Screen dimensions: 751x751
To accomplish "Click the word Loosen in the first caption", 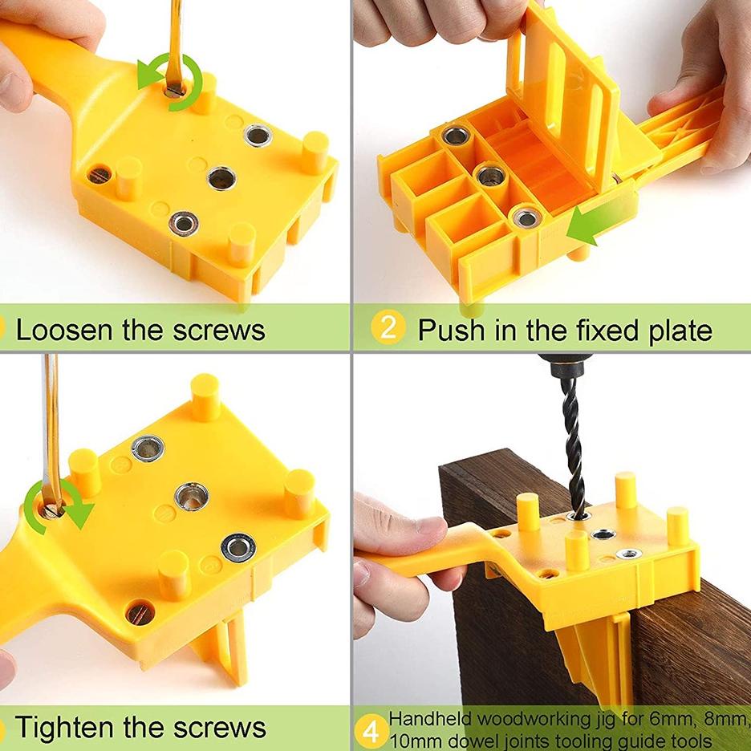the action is pyautogui.click(x=65, y=330).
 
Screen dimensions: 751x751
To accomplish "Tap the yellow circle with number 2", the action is pyautogui.click(x=388, y=327).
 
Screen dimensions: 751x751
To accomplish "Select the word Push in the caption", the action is pyautogui.click(x=453, y=330).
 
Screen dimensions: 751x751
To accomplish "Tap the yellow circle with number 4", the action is pyautogui.click(x=371, y=732).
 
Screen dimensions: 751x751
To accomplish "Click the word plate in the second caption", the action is pyautogui.click(x=680, y=331).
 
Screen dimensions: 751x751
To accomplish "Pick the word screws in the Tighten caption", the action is pyautogui.click(x=219, y=728).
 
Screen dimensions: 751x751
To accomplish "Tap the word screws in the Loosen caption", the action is pyautogui.click(x=218, y=331).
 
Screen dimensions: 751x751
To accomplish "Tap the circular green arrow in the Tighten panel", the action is pyautogui.click(x=58, y=505).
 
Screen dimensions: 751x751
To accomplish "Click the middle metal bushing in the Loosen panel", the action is pyautogui.click(x=221, y=178).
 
